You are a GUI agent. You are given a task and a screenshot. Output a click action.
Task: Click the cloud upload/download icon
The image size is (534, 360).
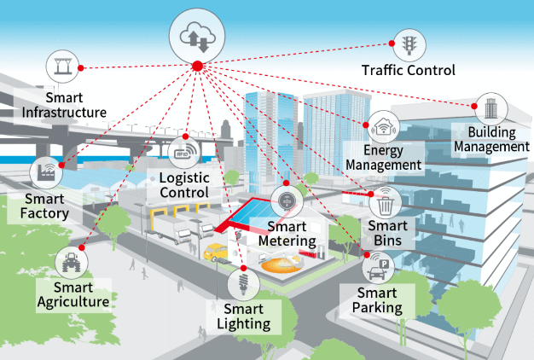(197, 37)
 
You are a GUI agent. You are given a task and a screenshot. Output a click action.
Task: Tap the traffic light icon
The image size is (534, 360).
(409, 45)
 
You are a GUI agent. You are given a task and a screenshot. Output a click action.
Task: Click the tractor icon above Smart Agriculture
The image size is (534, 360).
(71, 263)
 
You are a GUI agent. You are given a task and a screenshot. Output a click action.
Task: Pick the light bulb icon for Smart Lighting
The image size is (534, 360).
(243, 283)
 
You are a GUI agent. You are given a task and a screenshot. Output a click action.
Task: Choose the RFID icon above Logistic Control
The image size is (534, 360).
(184, 152)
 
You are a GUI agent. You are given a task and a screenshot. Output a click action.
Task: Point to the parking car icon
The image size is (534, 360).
(378, 269)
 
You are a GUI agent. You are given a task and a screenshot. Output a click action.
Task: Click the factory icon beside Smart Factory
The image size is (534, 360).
(46, 172)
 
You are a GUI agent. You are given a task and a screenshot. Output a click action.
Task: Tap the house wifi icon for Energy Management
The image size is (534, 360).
(384, 127)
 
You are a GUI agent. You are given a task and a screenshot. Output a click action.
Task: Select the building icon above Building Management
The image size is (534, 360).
(490, 109)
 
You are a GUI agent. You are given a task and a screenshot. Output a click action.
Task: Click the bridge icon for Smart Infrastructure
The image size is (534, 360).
(62, 66)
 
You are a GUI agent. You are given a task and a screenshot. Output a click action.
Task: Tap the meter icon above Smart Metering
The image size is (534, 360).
(287, 201)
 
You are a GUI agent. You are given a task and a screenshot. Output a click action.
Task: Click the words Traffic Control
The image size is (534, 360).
(409, 71)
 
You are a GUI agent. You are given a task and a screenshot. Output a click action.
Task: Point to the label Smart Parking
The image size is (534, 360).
(377, 300)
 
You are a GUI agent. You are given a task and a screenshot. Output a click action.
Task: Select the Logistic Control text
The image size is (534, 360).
(184, 185)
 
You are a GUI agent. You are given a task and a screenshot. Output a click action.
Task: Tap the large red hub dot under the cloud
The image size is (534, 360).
(198, 66)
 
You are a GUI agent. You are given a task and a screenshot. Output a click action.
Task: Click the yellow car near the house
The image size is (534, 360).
(215, 252)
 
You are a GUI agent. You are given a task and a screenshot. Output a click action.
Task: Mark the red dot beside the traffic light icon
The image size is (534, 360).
(392, 44)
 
